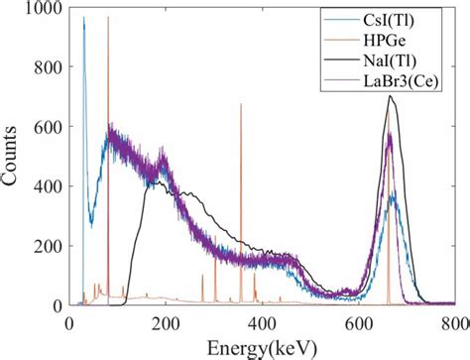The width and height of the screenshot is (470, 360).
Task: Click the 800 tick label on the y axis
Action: click(48, 67)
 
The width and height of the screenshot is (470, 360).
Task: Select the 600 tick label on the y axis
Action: click(48, 127)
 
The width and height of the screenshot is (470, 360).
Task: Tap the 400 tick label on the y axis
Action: click(48, 186)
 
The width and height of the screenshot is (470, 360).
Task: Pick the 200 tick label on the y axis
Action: click(48, 246)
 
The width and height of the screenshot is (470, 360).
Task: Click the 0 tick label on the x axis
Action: click(68, 322)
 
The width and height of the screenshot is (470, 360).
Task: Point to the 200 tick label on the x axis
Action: click(165, 322)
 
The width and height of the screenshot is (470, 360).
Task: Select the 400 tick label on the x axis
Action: click(262, 322)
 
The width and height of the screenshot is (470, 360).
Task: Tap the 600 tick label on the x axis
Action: click(358, 322)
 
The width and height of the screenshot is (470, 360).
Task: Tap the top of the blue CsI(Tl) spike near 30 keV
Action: click(83, 17)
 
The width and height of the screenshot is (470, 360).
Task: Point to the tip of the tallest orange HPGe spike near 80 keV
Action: click(107, 17)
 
